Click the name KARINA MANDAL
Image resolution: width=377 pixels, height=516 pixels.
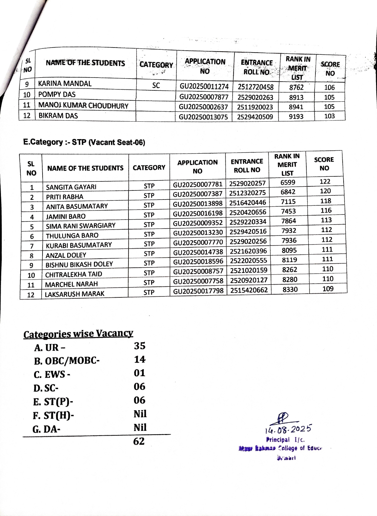click(x=65, y=84)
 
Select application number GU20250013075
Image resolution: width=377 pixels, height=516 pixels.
click(x=203, y=117)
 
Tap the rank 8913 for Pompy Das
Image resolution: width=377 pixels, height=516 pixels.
click(x=296, y=97)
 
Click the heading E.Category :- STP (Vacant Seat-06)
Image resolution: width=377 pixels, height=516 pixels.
click(x=84, y=142)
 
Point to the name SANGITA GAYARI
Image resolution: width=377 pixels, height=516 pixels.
click(x=71, y=187)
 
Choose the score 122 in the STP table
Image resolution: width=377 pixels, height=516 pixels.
click(x=325, y=181)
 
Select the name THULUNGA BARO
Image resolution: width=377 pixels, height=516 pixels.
click(x=72, y=235)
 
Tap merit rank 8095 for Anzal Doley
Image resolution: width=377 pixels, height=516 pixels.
click(x=289, y=250)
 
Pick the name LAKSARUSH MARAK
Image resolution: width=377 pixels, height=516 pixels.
click(x=74, y=294)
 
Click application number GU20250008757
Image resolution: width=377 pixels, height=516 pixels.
click(x=198, y=271)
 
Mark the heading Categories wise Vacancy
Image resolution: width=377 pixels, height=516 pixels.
click(x=78, y=334)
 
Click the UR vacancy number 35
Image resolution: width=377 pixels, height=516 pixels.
click(x=140, y=346)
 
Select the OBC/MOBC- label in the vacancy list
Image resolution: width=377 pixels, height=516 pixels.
click(x=67, y=361)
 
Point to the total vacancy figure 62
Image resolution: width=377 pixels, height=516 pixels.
click(x=139, y=441)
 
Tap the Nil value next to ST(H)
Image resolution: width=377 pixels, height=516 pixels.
click(x=140, y=414)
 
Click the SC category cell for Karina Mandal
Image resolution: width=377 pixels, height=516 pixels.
click(x=156, y=85)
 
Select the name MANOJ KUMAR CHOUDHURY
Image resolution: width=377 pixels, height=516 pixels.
click(x=83, y=105)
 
